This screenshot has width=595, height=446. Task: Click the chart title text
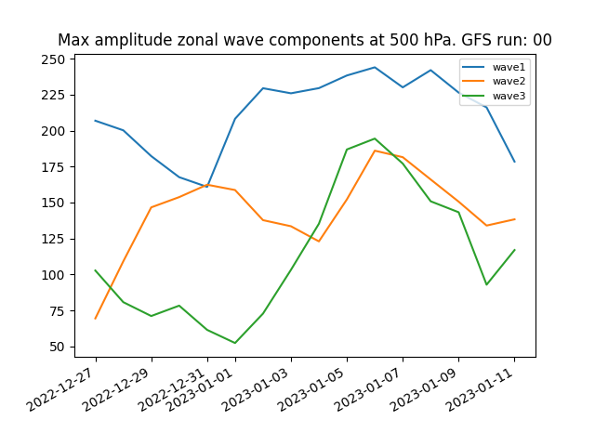click(x=305, y=40)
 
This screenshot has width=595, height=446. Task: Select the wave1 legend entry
click(x=494, y=67)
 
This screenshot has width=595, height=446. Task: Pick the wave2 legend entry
click(x=494, y=81)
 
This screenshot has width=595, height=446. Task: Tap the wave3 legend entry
click(x=494, y=96)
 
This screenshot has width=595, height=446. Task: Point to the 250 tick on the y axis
click(x=53, y=59)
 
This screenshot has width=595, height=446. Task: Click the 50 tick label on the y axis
click(x=57, y=347)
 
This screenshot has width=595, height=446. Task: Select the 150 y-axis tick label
click(x=53, y=203)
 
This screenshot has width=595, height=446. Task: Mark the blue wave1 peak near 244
click(x=375, y=68)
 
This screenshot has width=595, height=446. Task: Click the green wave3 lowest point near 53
click(x=235, y=343)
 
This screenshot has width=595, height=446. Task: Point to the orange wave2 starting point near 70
click(x=95, y=319)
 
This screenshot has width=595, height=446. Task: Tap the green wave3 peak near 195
click(x=375, y=138)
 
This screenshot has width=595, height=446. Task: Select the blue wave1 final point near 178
click(x=514, y=162)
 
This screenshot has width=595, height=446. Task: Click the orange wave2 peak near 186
click(x=375, y=151)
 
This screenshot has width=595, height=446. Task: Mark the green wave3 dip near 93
click(x=486, y=284)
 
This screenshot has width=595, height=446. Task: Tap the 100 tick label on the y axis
click(x=53, y=275)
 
